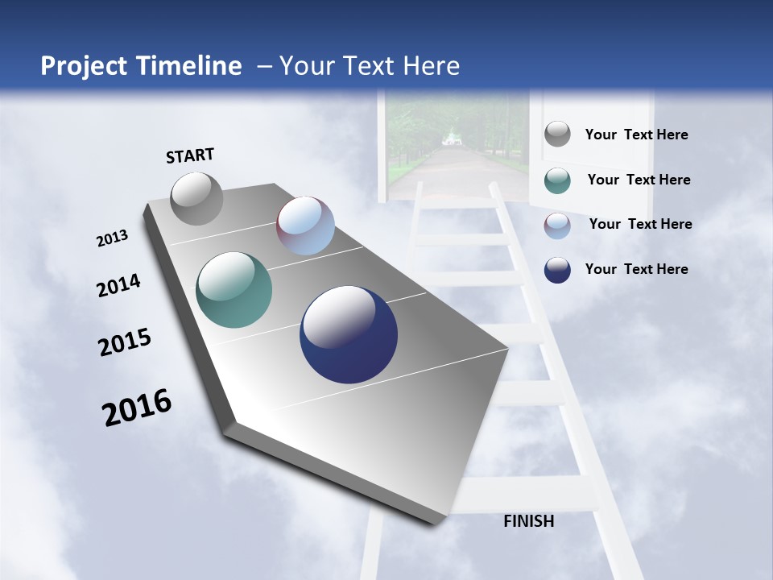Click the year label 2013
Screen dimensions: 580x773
click(112, 238)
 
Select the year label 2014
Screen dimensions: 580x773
click(118, 285)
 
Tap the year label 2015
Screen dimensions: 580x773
click(125, 342)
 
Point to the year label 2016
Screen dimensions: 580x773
click(137, 408)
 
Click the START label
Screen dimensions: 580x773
click(190, 155)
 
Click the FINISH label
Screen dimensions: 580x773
click(529, 521)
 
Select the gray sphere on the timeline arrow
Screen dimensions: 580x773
click(196, 198)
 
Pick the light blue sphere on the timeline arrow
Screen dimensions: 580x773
click(305, 226)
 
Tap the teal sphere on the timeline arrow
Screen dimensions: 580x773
click(234, 290)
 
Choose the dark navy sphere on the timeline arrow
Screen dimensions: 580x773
click(349, 334)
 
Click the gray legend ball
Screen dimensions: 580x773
click(557, 135)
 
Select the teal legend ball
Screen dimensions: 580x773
click(557, 180)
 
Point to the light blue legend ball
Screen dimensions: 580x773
click(557, 226)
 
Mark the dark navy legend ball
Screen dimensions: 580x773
click(557, 270)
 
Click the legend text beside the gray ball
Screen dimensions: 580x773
click(636, 135)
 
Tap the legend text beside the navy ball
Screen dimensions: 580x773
click(636, 269)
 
